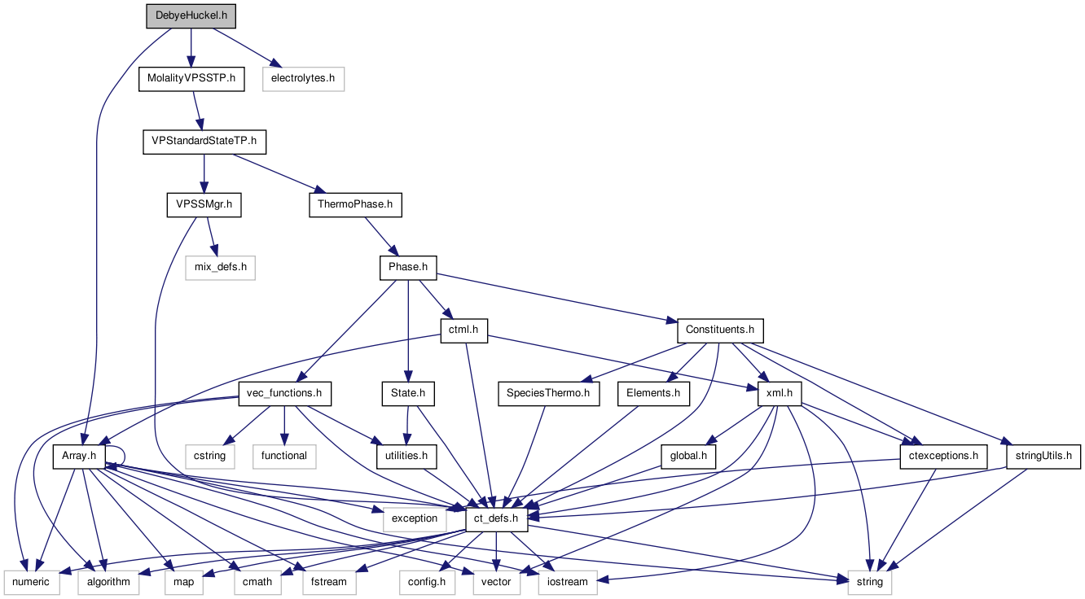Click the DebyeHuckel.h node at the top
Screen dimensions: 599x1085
point(191,15)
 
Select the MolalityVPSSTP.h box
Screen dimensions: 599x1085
point(191,79)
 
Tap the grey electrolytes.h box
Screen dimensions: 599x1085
point(303,79)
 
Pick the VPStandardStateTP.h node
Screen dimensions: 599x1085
point(204,142)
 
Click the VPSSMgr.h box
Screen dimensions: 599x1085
point(204,204)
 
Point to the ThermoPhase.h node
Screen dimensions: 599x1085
point(355,204)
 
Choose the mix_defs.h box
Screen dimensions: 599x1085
point(220,267)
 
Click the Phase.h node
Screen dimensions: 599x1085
point(408,267)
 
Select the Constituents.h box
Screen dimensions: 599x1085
point(720,330)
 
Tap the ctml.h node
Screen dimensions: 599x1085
point(463,330)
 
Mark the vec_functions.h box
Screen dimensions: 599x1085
point(284,394)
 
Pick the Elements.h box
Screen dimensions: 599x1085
point(653,394)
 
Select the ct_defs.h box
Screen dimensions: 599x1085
point(496,518)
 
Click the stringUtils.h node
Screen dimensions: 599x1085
point(1043,456)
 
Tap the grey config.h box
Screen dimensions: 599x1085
point(427,581)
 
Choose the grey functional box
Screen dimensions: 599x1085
point(283,456)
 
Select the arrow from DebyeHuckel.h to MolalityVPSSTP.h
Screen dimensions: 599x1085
point(191,47)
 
